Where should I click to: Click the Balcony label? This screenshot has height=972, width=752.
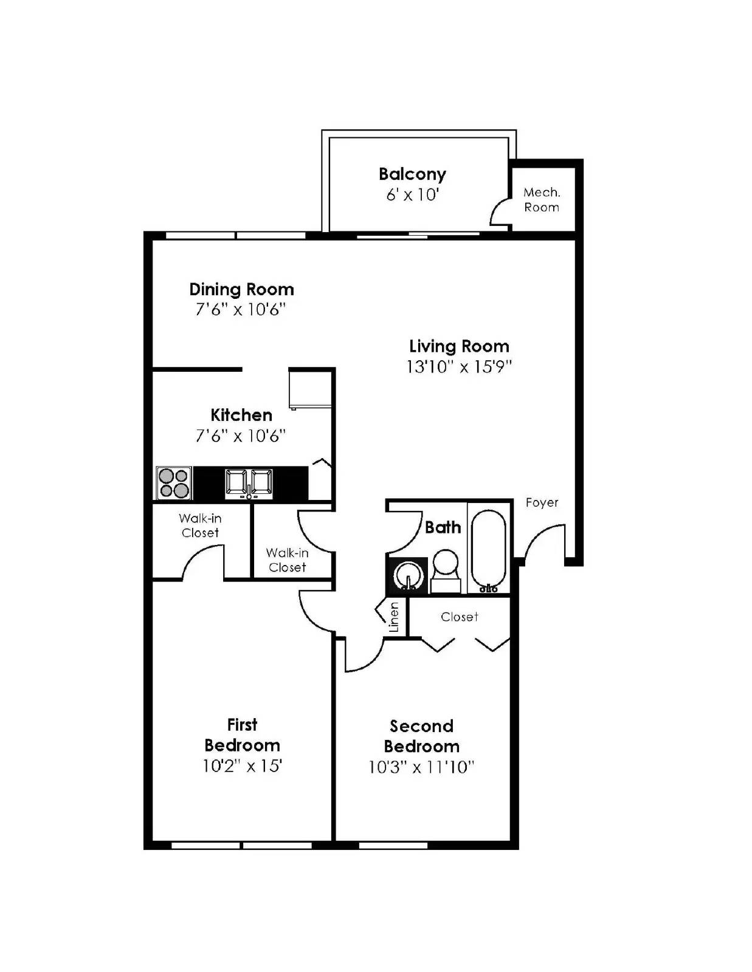pos(412,174)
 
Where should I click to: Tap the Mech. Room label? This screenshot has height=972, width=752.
pos(542,200)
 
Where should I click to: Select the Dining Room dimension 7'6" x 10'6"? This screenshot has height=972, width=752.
pos(241,310)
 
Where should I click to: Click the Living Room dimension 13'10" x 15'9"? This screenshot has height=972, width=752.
pos(459,367)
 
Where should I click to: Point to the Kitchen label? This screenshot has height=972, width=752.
pos(241,416)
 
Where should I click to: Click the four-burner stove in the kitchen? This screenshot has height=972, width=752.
pos(174,483)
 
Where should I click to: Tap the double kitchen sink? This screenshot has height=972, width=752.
pos(249,483)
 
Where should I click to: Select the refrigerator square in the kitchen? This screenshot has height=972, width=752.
pos(310,389)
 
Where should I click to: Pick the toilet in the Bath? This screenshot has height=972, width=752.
pos(446,570)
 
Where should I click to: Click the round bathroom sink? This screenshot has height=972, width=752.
pos(407,575)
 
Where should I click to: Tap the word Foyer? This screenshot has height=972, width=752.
pos(542,503)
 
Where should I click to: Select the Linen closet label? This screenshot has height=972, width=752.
pos(394,617)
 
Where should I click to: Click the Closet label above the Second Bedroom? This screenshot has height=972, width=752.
pos(460,617)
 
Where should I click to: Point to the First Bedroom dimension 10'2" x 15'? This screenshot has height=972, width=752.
pos(242,766)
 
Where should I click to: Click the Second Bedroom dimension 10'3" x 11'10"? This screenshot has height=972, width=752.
pos(421,767)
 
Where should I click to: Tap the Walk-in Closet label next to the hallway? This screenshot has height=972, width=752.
pos(288,560)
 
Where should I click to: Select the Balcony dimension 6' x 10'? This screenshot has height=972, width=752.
pos(412,195)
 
